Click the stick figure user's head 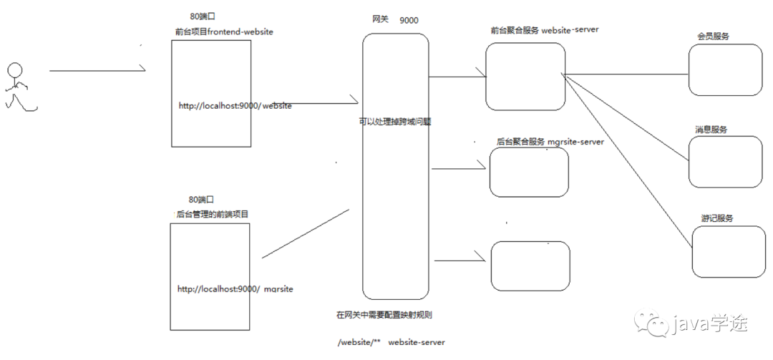(14, 70)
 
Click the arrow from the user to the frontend (97, 71)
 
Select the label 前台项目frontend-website (224, 31)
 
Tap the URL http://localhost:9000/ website (235, 106)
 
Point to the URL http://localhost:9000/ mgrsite (235, 288)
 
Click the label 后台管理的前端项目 (212, 214)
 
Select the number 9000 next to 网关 (409, 20)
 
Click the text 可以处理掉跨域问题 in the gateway (395, 122)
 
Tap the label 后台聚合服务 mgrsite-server (550, 142)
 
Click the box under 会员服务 (725, 69)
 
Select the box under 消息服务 (725, 162)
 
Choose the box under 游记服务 (729, 252)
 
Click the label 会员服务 (713, 36)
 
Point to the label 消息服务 (711, 130)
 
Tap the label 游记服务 (716, 218)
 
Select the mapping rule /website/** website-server (391, 342)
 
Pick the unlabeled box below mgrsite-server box (530, 266)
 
